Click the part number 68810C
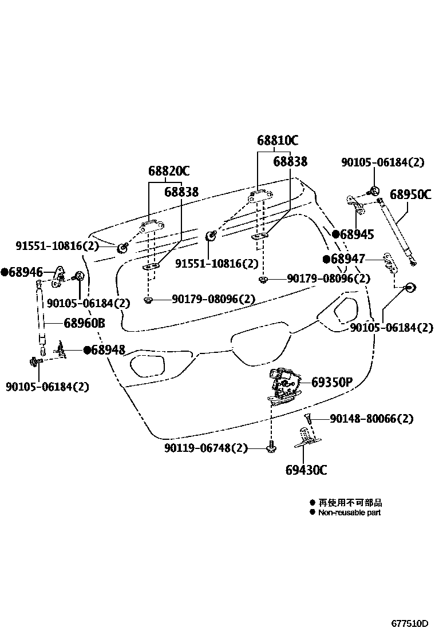[x=278, y=140]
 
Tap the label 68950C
[x=410, y=194]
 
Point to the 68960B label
[x=84, y=323]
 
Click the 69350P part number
[x=331, y=381]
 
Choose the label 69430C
[x=306, y=470]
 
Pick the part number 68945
[x=357, y=234]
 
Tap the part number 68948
[x=108, y=349]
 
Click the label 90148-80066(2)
[x=371, y=419]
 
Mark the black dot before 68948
[x=86, y=349]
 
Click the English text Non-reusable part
[x=349, y=512]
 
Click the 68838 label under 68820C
[x=181, y=192]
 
